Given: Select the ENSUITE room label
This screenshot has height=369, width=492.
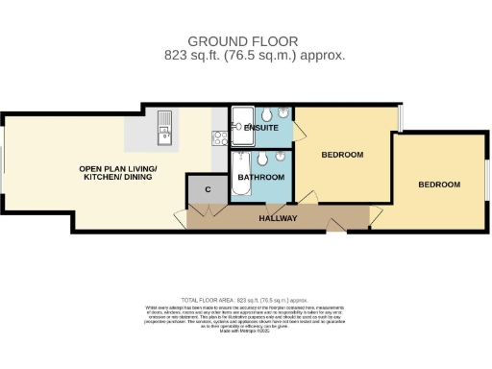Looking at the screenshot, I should coord(261,128).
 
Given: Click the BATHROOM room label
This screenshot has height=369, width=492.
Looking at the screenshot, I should coord(261,178).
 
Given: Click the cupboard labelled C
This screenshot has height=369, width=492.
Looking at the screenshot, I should coord(208,189).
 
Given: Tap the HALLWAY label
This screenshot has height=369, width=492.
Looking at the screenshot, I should coord(278,219).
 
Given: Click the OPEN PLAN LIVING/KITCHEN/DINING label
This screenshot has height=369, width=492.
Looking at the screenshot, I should coord(117,174).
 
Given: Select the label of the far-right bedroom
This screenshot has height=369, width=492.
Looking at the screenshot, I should coord(439,184).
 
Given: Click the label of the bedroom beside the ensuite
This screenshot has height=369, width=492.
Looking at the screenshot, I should coord(342,155).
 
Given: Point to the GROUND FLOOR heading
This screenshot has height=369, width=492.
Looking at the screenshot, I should coord(242,41).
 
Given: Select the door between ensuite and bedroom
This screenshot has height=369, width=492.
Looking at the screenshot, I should coord(298,130).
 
